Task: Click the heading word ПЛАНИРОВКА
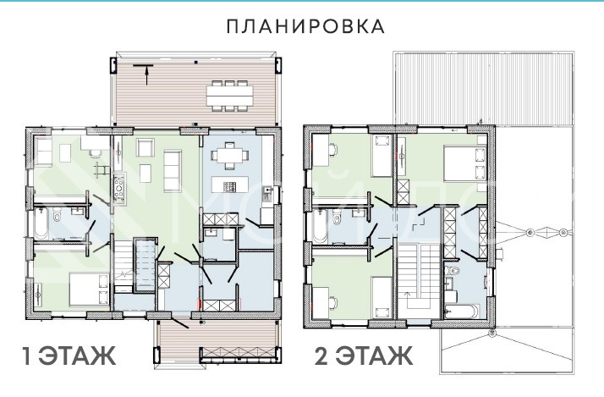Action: click(305, 26)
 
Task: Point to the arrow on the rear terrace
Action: click(146, 76)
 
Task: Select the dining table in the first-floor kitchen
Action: click(226, 155)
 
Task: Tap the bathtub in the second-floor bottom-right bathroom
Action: click(460, 310)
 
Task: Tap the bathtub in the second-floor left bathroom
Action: click(319, 226)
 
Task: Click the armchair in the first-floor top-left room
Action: click(42, 150)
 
